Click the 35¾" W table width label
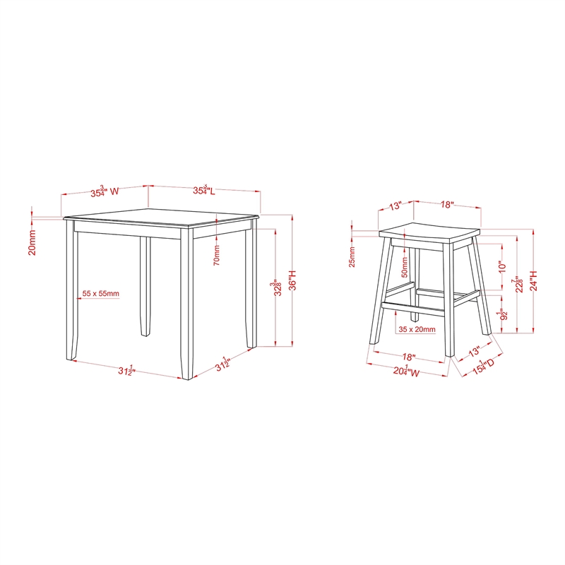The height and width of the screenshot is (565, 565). coord(102,191)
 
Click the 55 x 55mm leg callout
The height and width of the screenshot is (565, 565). coord(101,293)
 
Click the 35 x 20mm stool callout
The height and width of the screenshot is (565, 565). coord(417,329)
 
